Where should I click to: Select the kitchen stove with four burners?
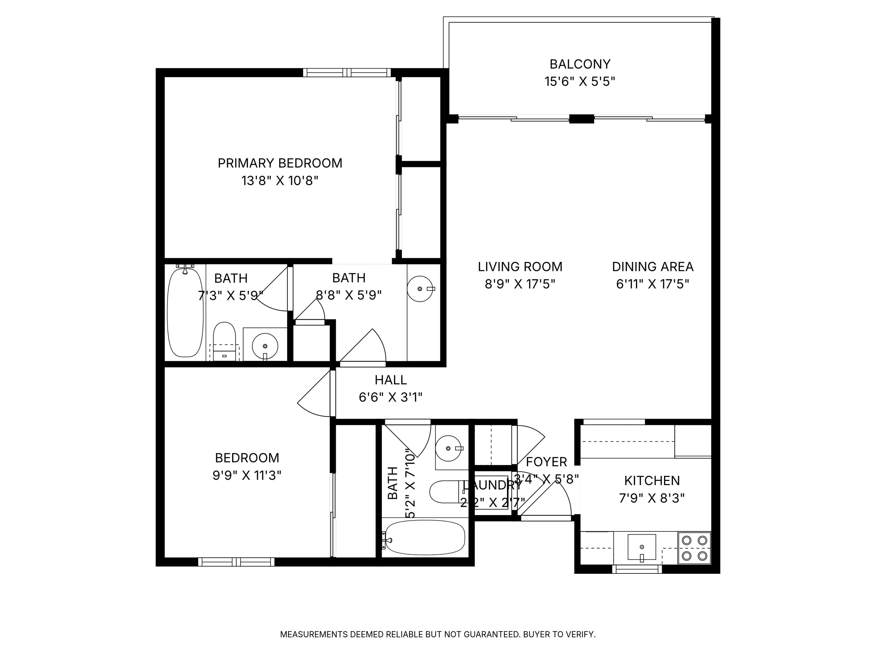pyautogui.click(x=694, y=548)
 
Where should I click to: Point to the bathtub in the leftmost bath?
pyautogui.click(x=185, y=312)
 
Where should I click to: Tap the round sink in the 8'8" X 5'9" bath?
pyautogui.click(x=420, y=289)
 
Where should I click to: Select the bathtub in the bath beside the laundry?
pyautogui.click(x=425, y=537)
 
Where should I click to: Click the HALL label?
pyautogui.click(x=390, y=380)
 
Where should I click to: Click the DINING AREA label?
pyautogui.click(x=653, y=267)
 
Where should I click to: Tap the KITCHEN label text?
pyautogui.click(x=652, y=481)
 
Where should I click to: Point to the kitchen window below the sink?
pyautogui.click(x=637, y=569)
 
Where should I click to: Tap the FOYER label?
pyautogui.click(x=546, y=462)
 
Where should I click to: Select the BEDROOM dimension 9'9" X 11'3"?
pyautogui.click(x=247, y=475)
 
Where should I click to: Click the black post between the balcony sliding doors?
pyautogui.click(x=581, y=119)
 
